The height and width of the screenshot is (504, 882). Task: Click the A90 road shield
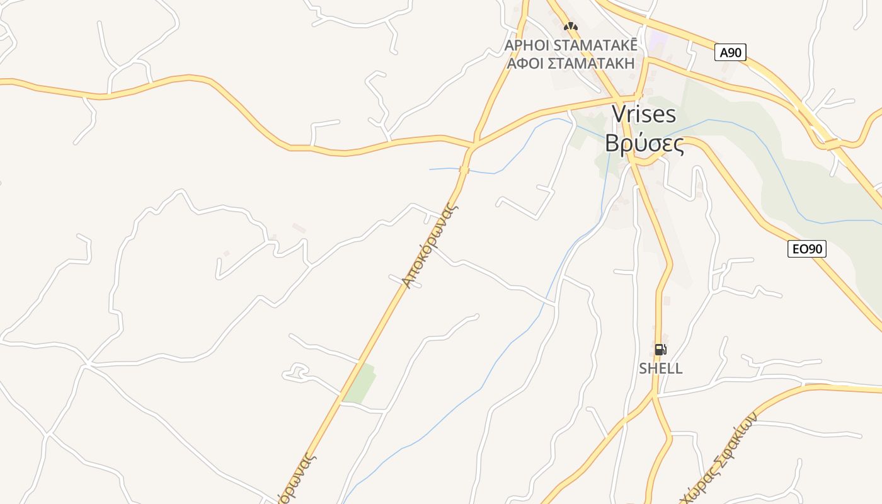(730, 52)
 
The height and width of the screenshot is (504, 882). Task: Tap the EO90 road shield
(806, 249)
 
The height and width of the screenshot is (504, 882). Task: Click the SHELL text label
(660, 369)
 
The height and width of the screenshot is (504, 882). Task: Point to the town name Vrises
(644, 115)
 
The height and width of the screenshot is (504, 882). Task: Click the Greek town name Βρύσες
(644, 144)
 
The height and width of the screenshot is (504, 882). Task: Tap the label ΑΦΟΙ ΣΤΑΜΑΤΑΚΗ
(571, 63)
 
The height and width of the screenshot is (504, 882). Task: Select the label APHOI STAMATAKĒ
(571, 45)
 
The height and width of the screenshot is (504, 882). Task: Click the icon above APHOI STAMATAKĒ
(571, 26)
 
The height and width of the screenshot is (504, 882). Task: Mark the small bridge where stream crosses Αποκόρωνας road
(464, 169)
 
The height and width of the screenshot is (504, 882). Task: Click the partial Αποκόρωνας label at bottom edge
(295, 479)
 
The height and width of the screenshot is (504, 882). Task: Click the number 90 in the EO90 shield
(813, 249)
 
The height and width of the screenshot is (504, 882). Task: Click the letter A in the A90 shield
(723, 52)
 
